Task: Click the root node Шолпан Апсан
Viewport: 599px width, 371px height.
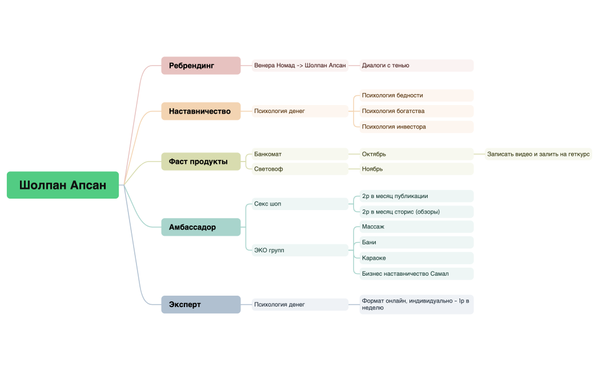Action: [63, 185]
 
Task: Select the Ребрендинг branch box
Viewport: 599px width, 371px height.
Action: [200, 66]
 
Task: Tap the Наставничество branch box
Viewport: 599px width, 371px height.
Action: [200, 111]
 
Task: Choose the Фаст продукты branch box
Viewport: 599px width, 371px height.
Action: [200, 162]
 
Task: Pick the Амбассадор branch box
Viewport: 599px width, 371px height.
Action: [200, 227]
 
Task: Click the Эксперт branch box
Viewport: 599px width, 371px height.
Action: [200, 305]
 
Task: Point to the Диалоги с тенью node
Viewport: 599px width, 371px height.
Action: [416, 66]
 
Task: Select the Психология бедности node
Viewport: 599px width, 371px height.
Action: [416, 95]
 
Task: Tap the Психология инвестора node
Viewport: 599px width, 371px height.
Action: [416, 127]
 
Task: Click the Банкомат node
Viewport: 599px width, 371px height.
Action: [300, 154]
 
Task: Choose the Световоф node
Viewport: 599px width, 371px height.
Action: [300, 169]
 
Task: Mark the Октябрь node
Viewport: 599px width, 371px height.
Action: [416, 154]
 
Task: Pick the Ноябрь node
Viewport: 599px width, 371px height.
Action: [416, 169]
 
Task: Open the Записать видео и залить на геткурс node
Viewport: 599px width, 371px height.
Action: [538, 154]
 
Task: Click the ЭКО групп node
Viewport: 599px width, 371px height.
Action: [300, 250]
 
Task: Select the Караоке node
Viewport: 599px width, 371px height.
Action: [416, 258]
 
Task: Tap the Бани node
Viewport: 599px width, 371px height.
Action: [416, 243]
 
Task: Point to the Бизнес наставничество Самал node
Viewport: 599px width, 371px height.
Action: [416, 274]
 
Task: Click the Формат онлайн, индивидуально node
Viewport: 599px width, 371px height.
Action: [416, 304]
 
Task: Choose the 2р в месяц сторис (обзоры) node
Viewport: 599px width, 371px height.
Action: [416, 212]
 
